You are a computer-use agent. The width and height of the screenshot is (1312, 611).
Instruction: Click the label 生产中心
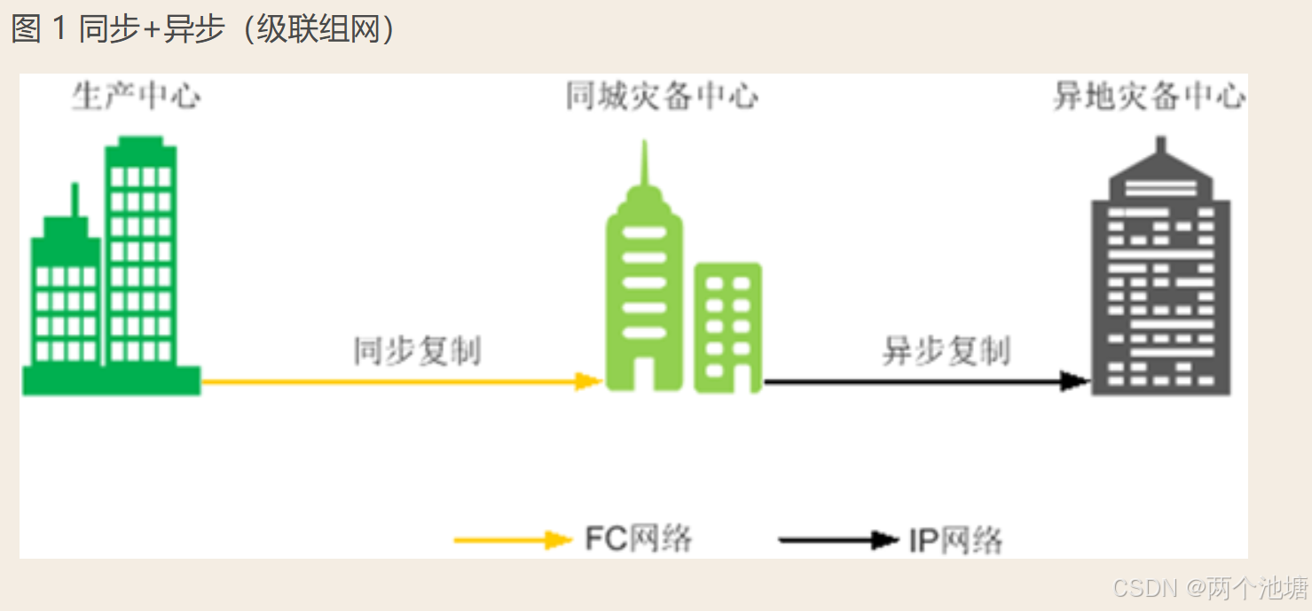(x=136, y=97)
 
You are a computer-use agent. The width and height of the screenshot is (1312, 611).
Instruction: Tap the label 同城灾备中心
(x=662, y=97)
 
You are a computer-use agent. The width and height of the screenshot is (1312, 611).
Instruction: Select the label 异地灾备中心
(x=1149, y=97)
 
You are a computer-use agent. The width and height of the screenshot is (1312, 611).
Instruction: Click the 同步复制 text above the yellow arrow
(x=417, y=351)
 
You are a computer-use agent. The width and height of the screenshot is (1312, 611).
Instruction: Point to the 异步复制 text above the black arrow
(x=946, y=351)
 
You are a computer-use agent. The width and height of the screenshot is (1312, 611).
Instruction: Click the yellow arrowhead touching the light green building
(x=590, y=381)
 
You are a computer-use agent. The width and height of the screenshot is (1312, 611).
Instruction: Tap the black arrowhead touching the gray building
(x=1076, y=381)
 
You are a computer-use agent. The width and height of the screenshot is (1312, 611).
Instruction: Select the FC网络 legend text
(x=639, y=538)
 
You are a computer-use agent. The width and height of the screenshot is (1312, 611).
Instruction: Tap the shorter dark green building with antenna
(x=67, y=293)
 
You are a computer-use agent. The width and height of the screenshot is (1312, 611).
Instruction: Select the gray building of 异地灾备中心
(x=1160, y=284)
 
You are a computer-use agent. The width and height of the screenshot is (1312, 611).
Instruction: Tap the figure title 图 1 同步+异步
(x=204, y=30)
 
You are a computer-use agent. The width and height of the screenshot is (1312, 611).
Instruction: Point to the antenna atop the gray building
(x=1160, y=145)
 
